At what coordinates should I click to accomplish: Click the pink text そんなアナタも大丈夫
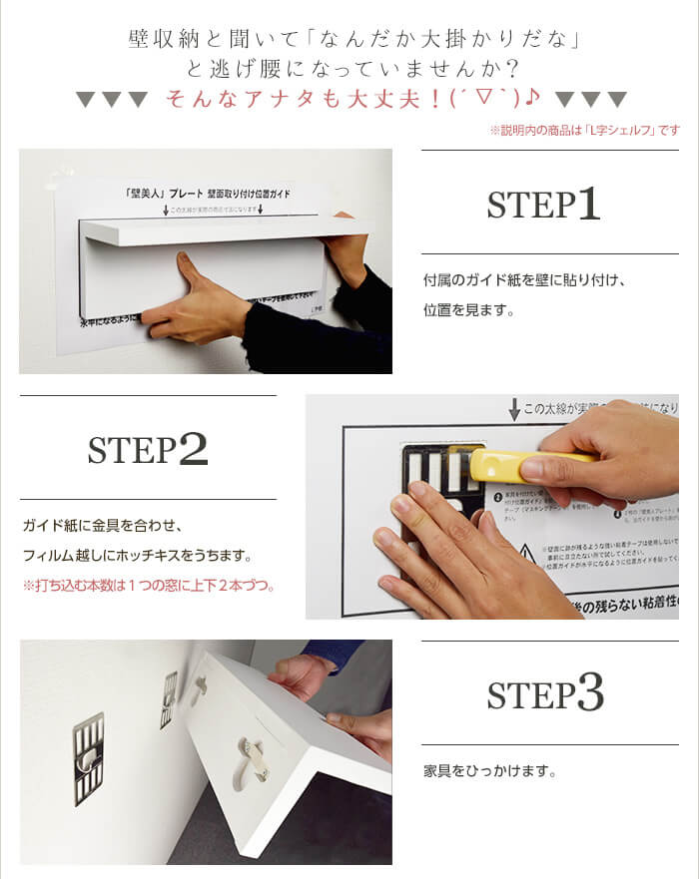click(x=349, y=99)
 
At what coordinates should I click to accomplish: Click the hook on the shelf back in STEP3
click(x=252, y=750)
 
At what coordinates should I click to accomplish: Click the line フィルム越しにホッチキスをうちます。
click(x=150, y=555)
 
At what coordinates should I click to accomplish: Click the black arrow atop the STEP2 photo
click(x=514, y=409)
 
